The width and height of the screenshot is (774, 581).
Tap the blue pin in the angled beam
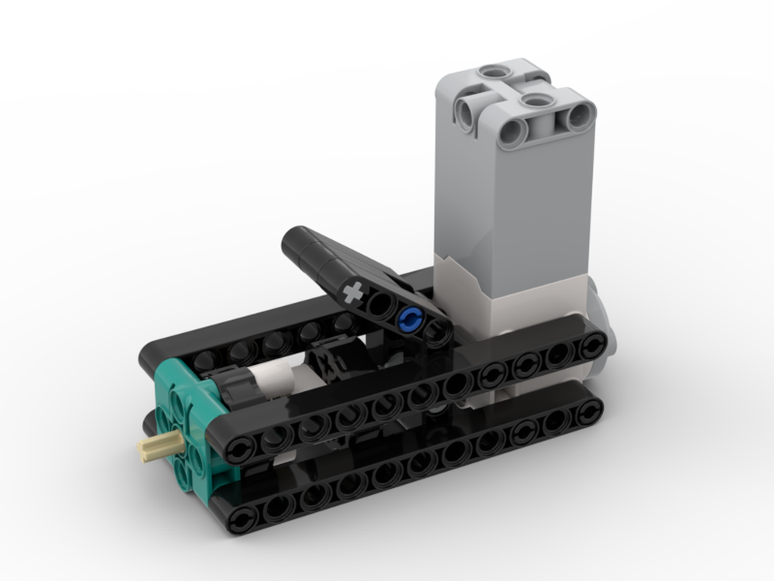[x=409, y=318]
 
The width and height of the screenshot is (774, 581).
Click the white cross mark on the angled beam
[x=353, y=294]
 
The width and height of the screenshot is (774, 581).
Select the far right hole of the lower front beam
[x=591, y=413]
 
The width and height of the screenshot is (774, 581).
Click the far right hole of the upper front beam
[x=593, y=346]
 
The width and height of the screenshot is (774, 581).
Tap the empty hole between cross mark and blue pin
[x=380, y=305]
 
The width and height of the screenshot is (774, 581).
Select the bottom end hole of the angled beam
[x=437, y=333]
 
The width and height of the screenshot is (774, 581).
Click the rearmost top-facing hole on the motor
[x=490, y=73]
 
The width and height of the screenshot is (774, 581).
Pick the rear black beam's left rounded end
[x=155, y=356]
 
